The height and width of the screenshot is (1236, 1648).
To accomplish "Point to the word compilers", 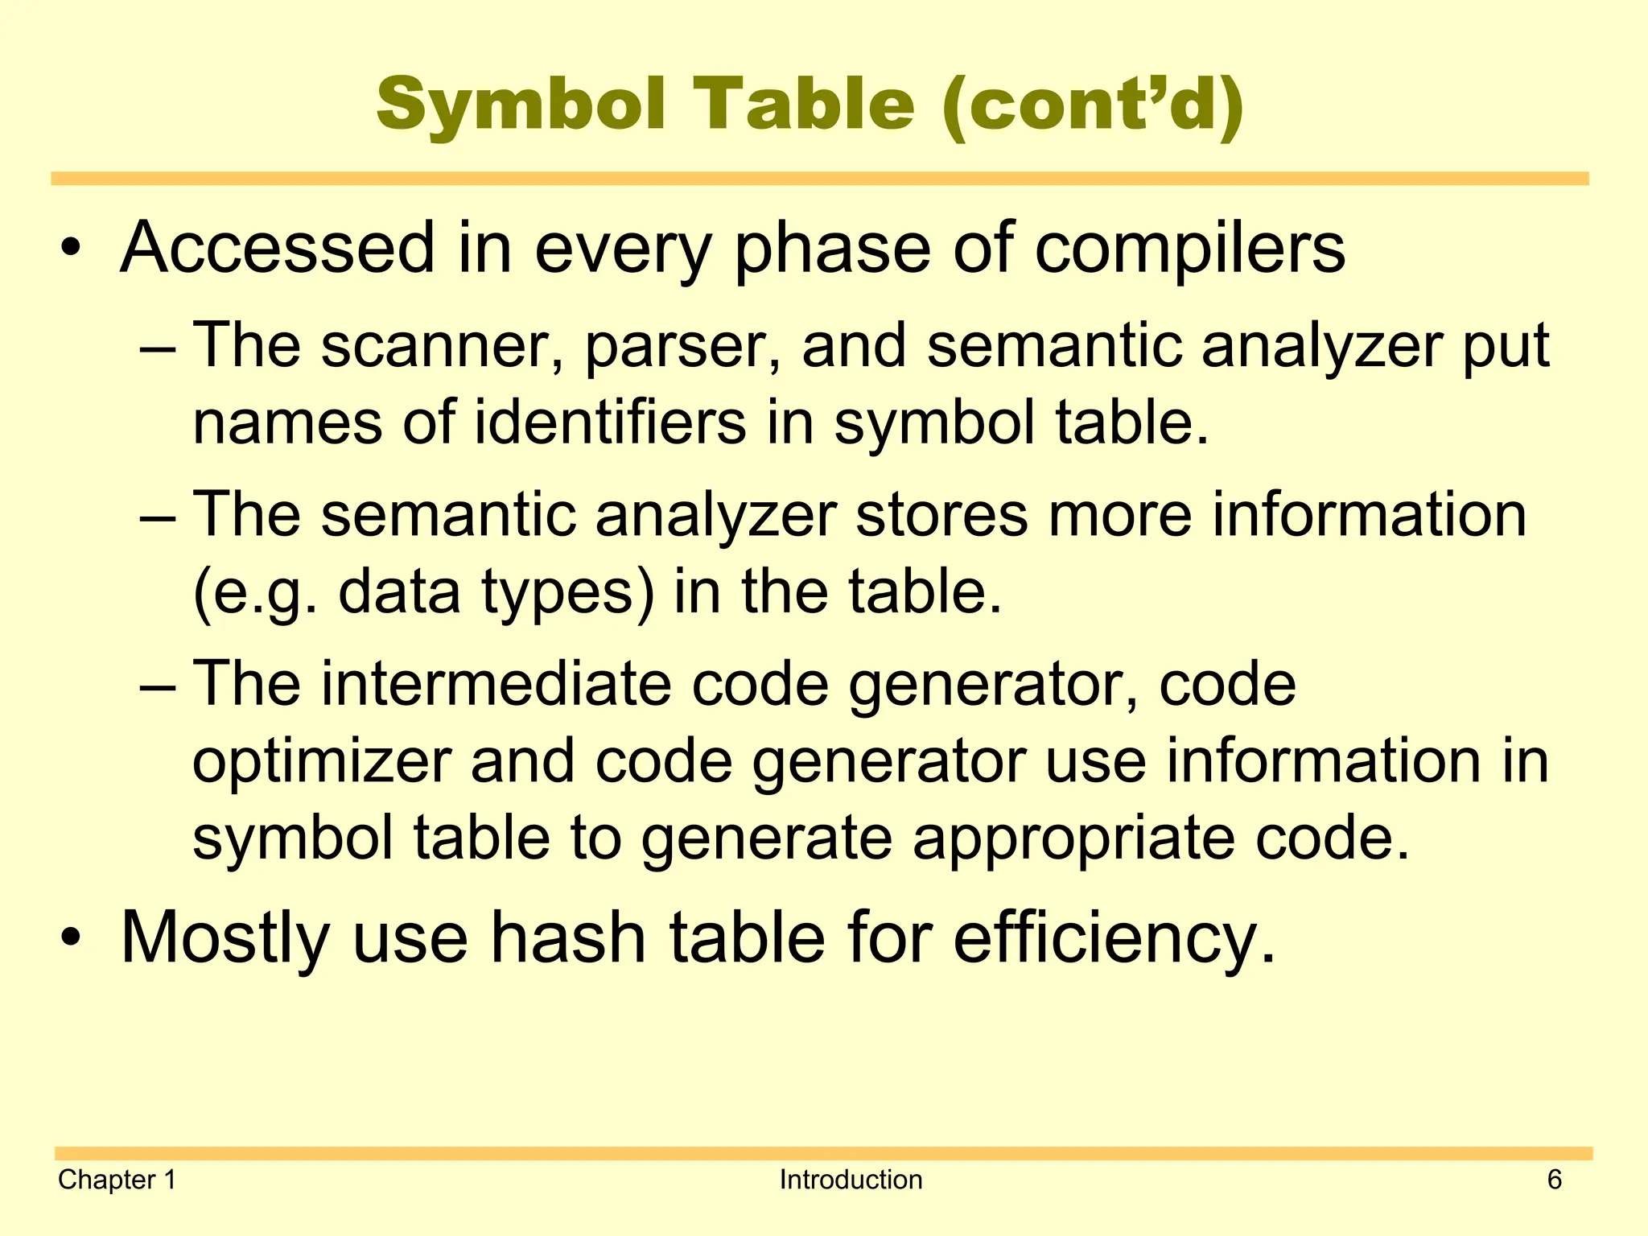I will tap(1189, 249).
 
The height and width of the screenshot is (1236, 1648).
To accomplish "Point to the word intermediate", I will tap(496, 684).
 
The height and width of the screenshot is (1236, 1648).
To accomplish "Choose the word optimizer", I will tap(322, 763).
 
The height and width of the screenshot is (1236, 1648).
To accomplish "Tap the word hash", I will tap(568, 938).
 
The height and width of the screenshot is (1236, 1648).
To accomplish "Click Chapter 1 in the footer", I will tap(117, 1180).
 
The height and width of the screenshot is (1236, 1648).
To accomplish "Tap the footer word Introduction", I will tap(851, 1180).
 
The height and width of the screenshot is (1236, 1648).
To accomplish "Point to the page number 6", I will tap(1554, 1180).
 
